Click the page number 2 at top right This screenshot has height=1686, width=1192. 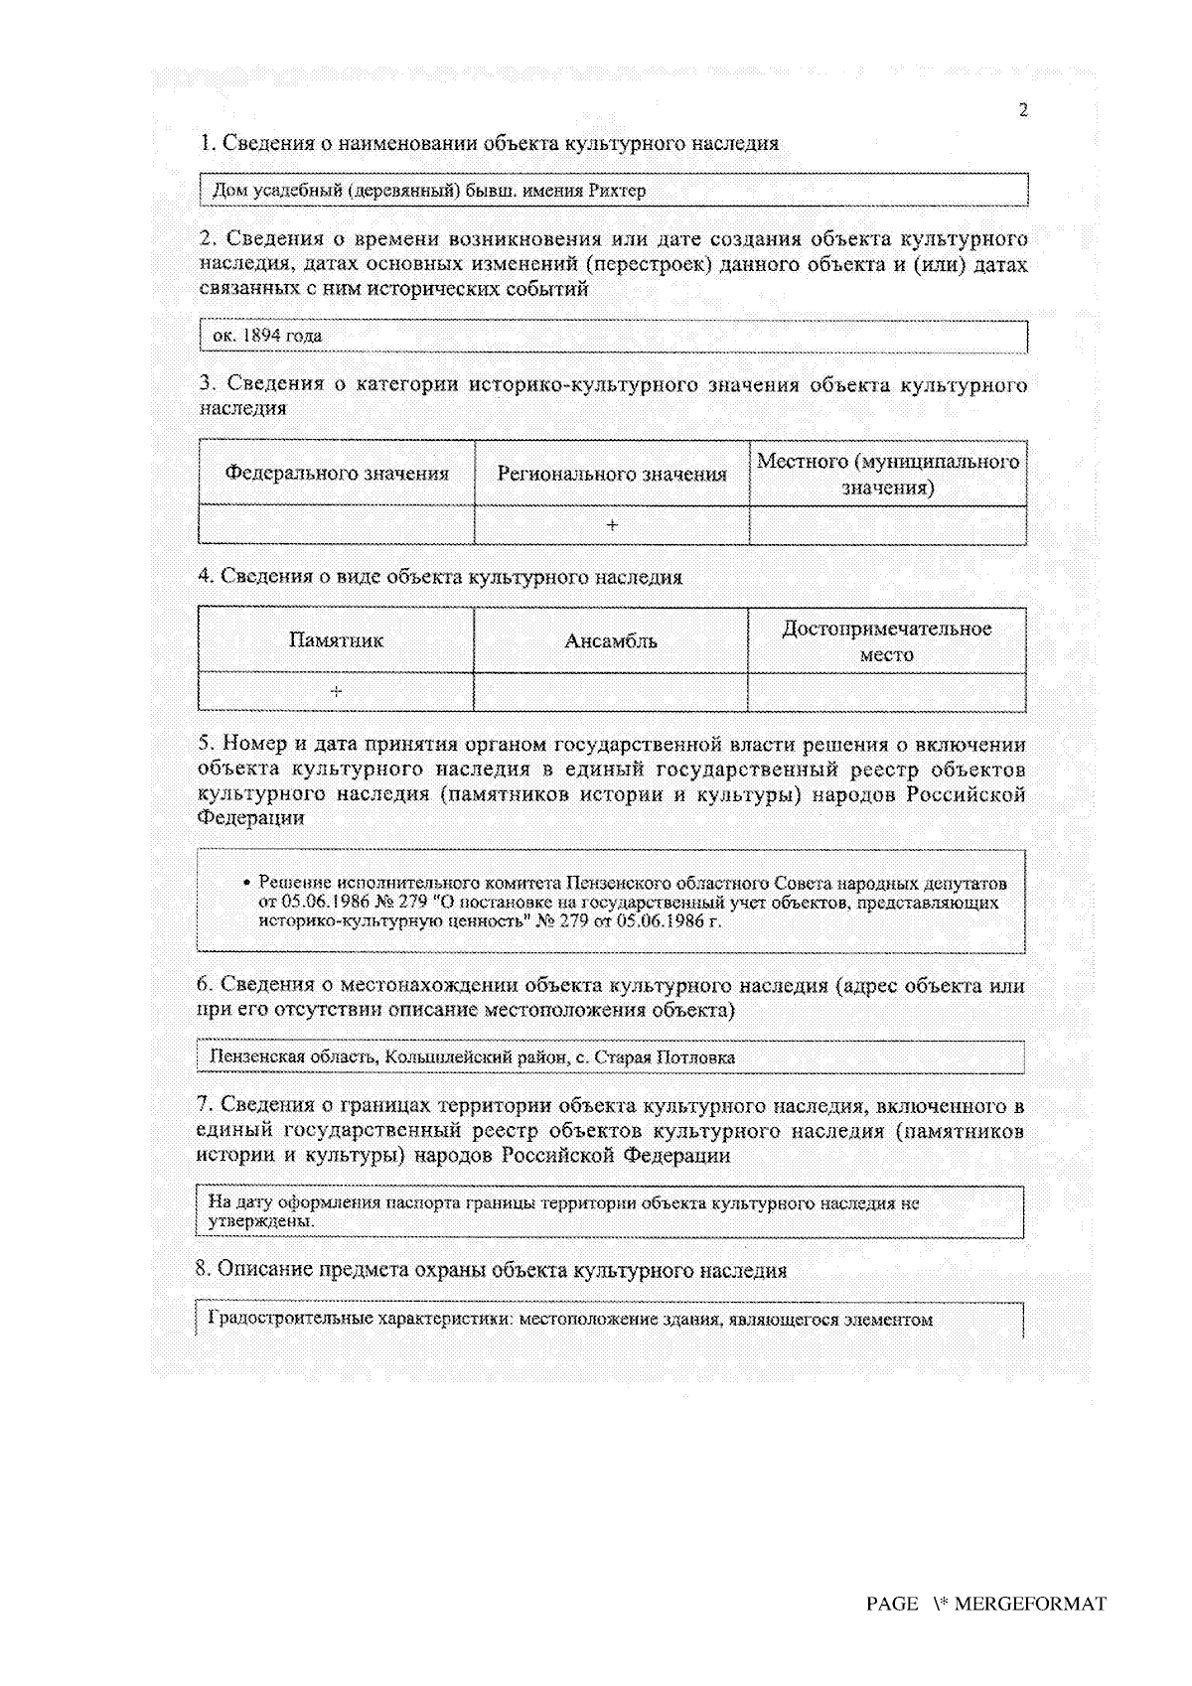point(1023,110)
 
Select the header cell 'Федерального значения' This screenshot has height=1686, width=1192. point(337,474)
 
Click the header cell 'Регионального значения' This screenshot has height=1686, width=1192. point(612,474)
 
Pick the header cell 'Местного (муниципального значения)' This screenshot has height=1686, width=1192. point(888,474)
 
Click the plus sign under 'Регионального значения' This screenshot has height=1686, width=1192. point(612,524)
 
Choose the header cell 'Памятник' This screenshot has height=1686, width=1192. point(336,640)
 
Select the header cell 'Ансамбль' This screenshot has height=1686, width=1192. point(611,640)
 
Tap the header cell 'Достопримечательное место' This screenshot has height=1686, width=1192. point(886,640)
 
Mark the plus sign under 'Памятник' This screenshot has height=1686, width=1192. point(337,691)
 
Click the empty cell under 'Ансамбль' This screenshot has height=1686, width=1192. point(611,691)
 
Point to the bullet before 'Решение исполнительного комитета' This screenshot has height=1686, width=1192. point(246,883)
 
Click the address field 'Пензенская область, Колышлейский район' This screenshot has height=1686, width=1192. point(472,1057)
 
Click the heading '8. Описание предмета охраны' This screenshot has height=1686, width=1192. point(492,1270)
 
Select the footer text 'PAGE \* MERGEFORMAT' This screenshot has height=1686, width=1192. point(985,1604)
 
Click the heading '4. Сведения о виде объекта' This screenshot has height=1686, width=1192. point(440,577)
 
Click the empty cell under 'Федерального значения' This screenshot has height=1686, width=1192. point(337,524)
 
